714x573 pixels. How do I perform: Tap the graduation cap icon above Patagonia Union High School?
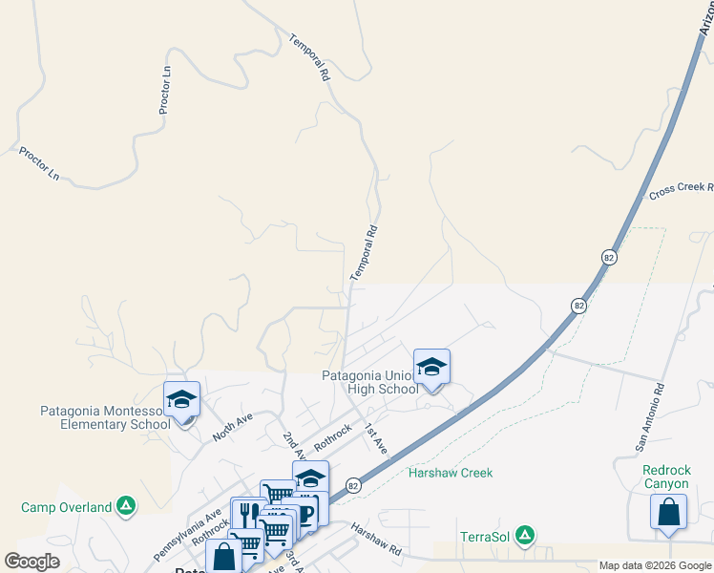click(x=431, y=367)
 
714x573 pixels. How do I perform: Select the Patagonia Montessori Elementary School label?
click(x=105, y=417)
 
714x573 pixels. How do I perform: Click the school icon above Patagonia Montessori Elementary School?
click(x=180, y=400)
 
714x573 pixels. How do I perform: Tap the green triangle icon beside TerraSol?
click(x=523, y=537)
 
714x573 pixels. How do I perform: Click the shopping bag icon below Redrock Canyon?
click(x=668, y=513)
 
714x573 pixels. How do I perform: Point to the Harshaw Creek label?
click(x=450, y=473)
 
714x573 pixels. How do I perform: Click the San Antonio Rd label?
click(x=649, y=417)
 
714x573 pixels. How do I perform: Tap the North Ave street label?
click(x=232, y=426)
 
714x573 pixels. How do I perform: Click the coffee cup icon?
click(x=306, y=513)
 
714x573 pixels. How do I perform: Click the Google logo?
click(x=31, y=562)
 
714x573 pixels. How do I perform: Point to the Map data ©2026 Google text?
click(x=654, y=565)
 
